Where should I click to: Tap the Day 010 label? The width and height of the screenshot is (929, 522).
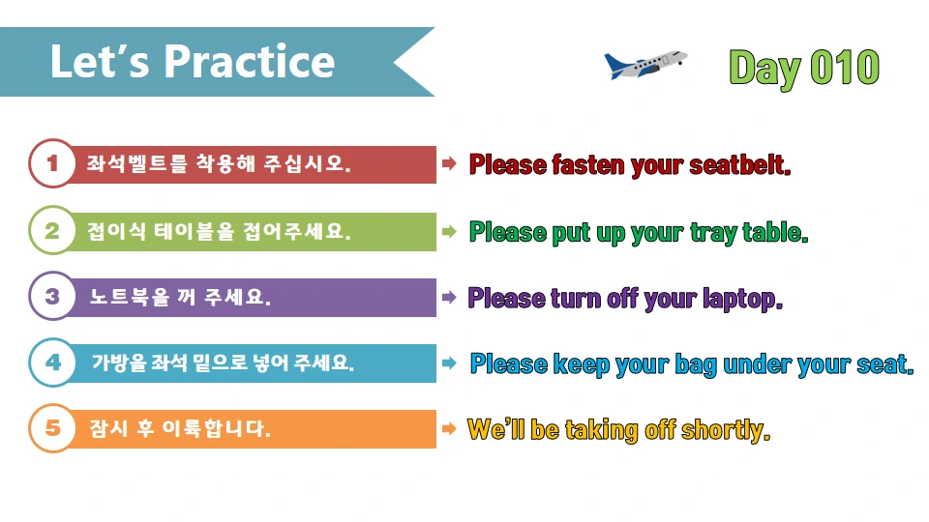804,68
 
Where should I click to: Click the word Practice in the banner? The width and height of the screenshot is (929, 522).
249,62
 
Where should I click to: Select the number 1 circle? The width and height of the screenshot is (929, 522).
52,164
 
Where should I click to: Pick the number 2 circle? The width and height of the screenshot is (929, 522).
52,231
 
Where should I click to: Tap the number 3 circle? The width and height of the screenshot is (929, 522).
52,297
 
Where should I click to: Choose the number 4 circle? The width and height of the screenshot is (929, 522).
52,362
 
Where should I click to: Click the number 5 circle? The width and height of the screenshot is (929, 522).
52,428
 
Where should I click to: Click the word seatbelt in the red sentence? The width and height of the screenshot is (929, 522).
740,164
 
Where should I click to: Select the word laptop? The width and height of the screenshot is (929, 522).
741,299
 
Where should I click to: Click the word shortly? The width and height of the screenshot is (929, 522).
726,429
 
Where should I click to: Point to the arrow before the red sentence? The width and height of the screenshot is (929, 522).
449,164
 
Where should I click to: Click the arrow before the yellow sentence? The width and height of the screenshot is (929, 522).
449,428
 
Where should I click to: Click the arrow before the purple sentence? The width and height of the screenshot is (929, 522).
449,297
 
